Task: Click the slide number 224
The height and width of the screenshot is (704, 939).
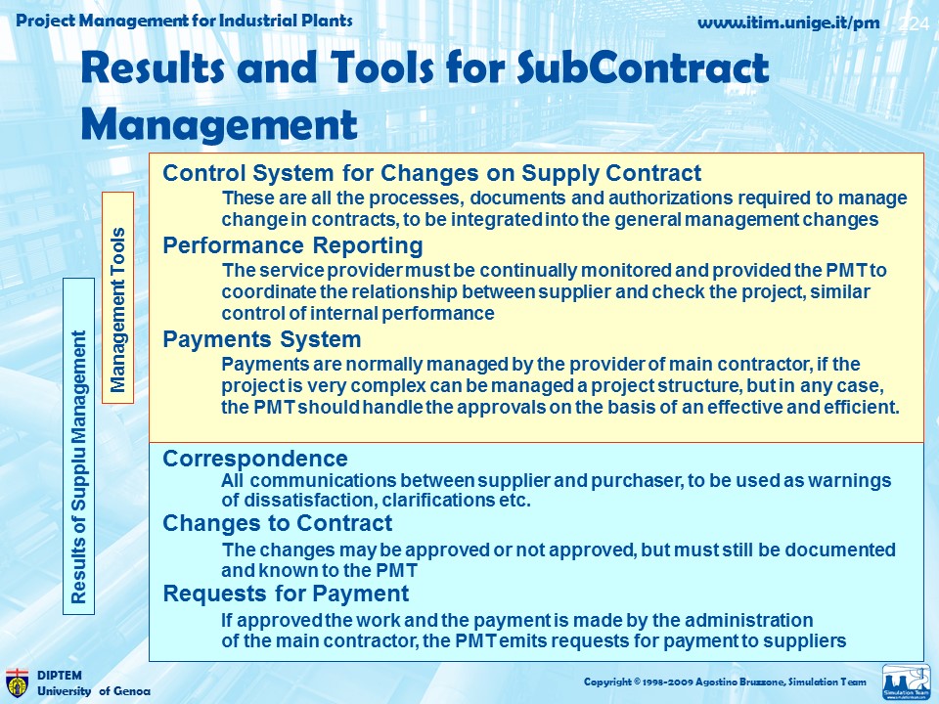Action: (915, 23)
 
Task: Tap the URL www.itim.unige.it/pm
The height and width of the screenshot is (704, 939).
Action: (788, 22)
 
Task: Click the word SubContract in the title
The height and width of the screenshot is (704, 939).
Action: (643, 67)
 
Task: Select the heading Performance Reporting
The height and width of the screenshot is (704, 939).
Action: (292, 246)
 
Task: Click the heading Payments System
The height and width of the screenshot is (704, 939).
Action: (262, 339)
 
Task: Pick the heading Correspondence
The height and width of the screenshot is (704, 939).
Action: (255, 459)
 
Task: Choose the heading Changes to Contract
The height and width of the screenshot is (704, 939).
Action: (277, 523)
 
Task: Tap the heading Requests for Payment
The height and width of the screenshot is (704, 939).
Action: (287, 594)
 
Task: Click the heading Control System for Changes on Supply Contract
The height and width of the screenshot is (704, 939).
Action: (431, 173)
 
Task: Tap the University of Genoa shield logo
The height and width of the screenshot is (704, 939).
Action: (17, 683)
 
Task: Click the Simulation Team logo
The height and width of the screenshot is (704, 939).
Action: (907, 682)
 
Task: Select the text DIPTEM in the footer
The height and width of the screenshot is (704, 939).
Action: (60, 676)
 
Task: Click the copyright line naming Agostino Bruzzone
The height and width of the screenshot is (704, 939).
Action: (725, 682)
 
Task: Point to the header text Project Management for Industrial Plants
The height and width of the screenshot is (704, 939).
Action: (184, 21)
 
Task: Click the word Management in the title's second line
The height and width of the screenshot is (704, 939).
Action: (219, 124)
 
